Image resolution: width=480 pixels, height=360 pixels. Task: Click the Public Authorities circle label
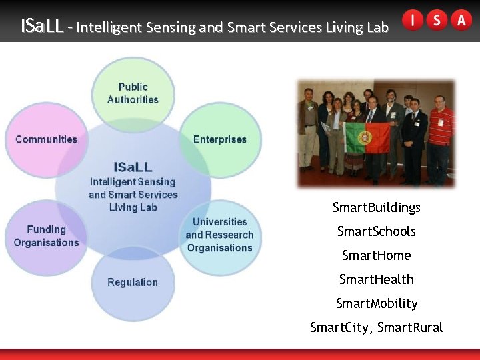[x=133, y=93]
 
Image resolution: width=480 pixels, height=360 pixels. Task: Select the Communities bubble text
[x=46, y=139]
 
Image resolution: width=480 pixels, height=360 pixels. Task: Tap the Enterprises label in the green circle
[x=219, y=139]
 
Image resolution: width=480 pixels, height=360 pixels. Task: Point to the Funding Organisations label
[x=46, y=236]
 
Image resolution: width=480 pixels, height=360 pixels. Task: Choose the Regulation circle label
[x=133, y=282]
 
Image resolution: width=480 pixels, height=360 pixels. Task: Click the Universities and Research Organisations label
[x=219, y=235]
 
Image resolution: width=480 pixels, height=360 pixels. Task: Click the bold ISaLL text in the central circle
[x=133, y=167]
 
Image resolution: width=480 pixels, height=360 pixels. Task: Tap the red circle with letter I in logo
[x=413, y=20]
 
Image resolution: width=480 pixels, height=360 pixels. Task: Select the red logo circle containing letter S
[x=437, y=20]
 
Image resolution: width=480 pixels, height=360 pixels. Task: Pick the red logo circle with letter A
[x=461, y=20]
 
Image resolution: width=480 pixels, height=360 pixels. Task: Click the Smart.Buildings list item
[x=376, y=207]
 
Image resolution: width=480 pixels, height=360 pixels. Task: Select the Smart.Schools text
[x=376, y=231]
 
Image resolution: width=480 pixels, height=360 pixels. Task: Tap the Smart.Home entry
[x=376, y=255]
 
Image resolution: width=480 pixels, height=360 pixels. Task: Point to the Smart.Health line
[x=376, y=279]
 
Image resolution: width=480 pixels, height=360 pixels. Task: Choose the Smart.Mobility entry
[x=376, y=303]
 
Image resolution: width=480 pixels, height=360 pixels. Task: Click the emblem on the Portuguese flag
[x=365, y=138]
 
